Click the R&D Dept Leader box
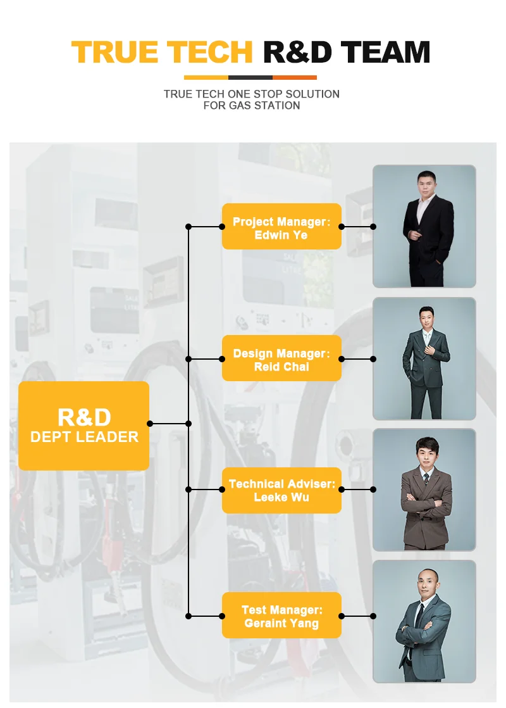84,426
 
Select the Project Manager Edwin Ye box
281,227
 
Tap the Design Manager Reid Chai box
281,358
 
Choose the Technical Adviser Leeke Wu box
281,490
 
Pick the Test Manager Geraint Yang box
281,616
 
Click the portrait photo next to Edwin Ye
424,226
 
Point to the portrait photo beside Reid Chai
424,358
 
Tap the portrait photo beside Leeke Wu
424,490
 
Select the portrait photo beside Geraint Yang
424,621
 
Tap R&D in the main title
297,52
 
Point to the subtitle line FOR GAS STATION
252,106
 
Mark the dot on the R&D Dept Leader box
150,424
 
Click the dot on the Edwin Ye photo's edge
373,227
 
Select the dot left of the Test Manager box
222,616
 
